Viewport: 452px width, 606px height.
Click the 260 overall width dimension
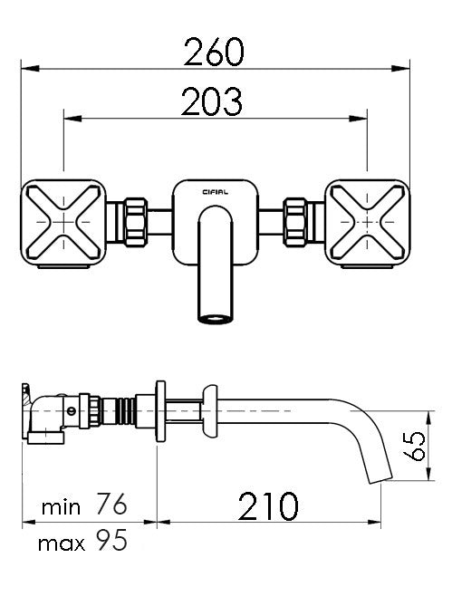[x=215, y=53]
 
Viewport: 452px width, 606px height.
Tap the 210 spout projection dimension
[x=268, y=506]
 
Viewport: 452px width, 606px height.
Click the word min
[x=61, y=506]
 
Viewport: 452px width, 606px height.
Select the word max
[x=61, y=543]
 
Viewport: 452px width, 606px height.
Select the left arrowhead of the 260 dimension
[x=26, y=68]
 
